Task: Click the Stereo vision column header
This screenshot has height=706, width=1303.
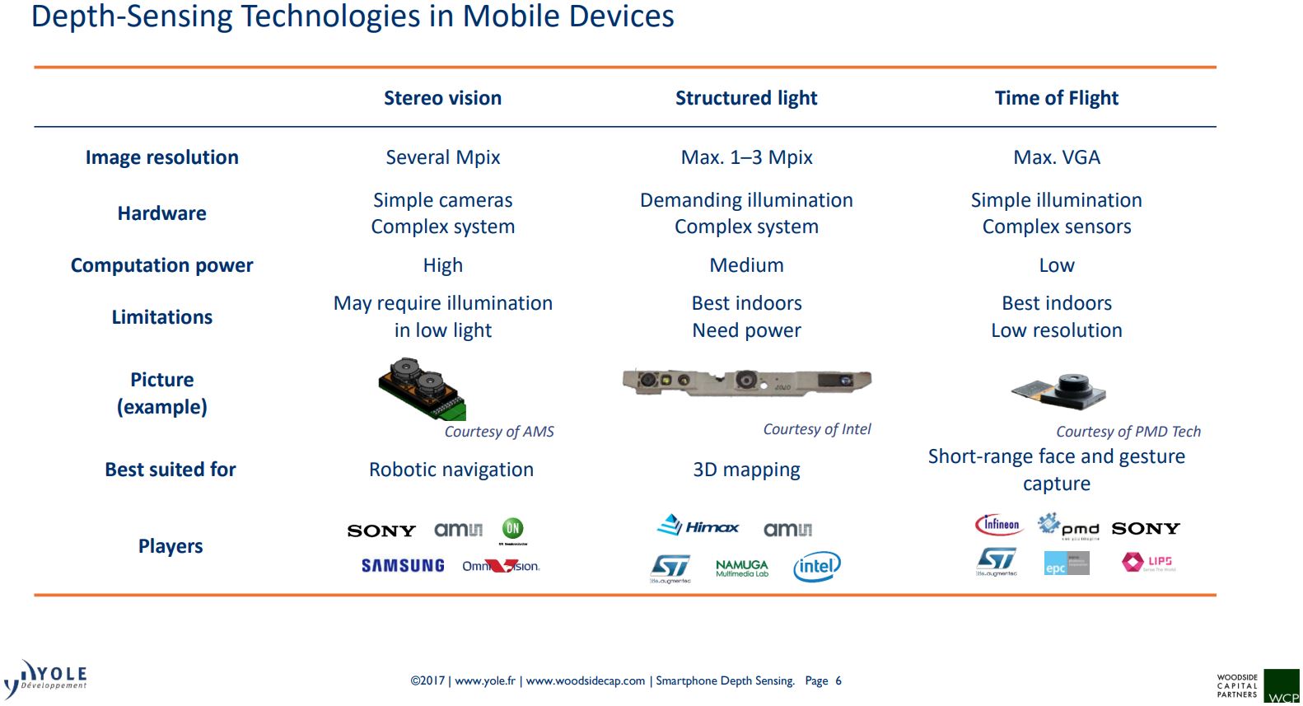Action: point(442,98)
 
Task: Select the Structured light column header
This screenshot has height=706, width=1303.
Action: point(746,98)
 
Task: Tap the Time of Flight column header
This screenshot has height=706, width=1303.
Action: point(1056,98)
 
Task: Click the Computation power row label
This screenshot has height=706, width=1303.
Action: point(161,265)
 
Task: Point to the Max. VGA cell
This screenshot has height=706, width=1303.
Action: point(1056,157)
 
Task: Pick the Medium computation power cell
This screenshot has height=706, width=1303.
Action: point(746,265)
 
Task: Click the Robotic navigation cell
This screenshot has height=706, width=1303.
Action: point(451,470)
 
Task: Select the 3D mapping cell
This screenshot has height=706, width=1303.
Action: point(746,470)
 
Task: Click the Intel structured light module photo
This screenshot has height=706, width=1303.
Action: point(746,381)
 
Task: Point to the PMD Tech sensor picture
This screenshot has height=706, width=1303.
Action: point(1059,390)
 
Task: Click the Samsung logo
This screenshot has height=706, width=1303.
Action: point(403,566)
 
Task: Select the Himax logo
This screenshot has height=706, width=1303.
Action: point(698,526)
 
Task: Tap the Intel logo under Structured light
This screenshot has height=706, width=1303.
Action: point(816,566)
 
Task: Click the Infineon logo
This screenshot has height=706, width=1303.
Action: point(998,525)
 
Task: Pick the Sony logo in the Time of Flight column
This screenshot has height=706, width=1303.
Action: point(1145,528)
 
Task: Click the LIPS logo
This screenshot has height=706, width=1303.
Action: point(1147,562)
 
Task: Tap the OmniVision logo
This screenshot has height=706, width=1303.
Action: point(501,566)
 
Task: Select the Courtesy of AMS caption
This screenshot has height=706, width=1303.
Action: point(499,432)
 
